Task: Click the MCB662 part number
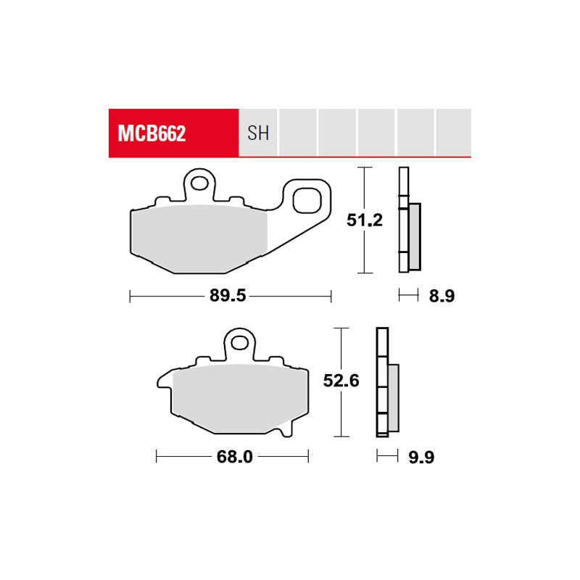152,133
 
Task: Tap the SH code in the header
258,133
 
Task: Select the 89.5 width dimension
228,296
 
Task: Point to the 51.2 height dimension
365,220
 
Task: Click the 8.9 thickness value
442,296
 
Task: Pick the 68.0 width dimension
234,457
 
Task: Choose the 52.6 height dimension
341,381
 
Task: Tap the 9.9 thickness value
421,457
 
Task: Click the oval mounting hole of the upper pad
199,183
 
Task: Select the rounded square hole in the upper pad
307,200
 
